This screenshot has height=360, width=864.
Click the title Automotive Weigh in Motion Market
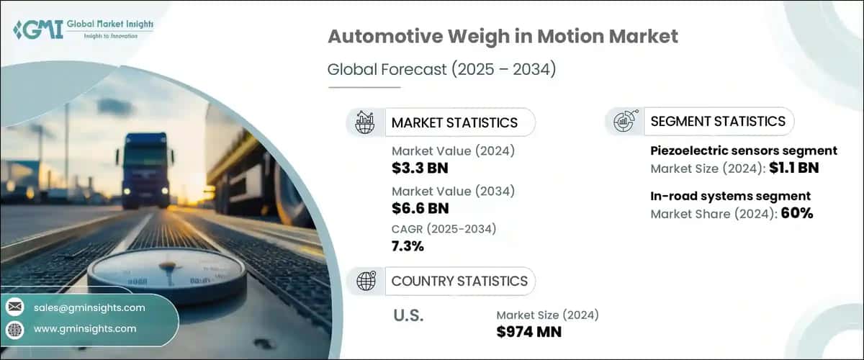click(502, 37)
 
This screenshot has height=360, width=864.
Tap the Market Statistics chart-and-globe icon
click(365, 122)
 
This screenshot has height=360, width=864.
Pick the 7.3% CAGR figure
click(408, 246)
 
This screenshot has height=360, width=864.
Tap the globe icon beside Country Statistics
click(365, 281)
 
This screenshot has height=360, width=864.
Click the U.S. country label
click(408, 315)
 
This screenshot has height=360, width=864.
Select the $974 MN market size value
click(528, 332)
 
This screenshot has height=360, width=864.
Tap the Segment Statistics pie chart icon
click(624, 122)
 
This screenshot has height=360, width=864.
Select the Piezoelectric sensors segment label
click(743, 150)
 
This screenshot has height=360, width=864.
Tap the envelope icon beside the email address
click(14, 307)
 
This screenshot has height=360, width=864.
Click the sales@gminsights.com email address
click(89, 307)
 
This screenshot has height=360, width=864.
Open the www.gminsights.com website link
click(84, 329)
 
